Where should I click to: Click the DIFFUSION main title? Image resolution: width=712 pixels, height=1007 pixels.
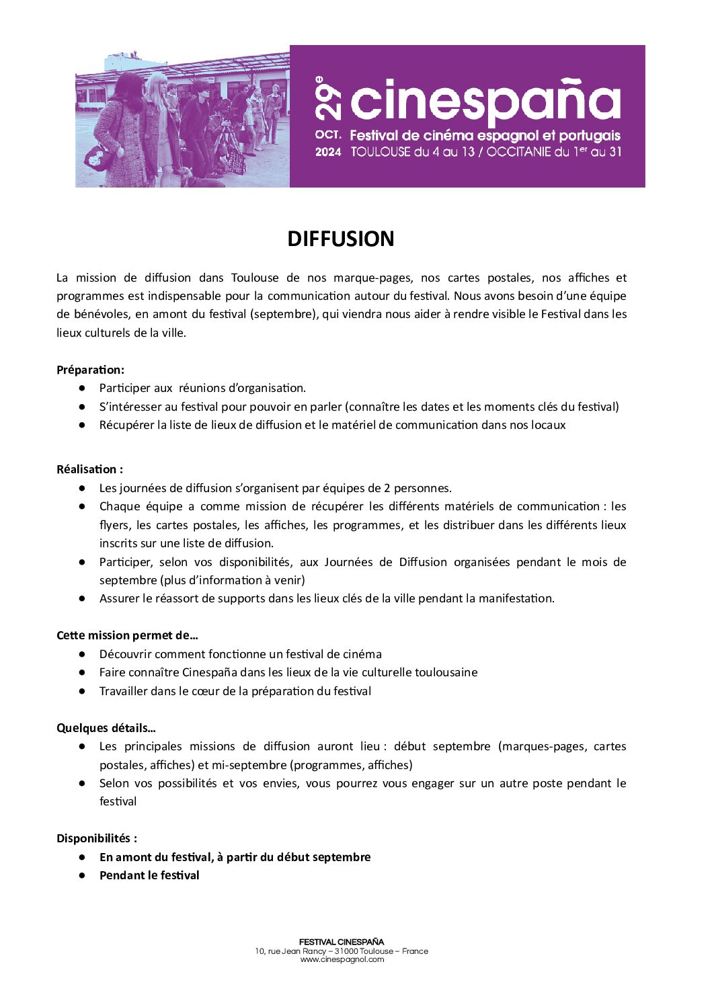pos(341,239)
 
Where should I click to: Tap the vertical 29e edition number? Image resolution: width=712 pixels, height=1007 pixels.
pos(327,98)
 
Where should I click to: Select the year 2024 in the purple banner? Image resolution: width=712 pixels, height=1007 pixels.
pos(328,152)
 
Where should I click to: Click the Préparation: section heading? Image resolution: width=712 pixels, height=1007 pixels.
pos(90,370)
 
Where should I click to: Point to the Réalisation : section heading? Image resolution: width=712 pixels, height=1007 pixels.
pos(89,469)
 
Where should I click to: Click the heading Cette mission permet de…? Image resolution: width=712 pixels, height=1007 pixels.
pos(127,635)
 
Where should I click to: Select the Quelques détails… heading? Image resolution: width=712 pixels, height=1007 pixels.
pos(106,728)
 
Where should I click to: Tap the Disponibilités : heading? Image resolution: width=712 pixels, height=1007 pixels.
pos(96,838)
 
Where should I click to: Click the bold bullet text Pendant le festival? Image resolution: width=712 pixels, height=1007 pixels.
pos(149,875)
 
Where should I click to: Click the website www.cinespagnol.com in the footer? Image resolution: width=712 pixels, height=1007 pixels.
pos(342,959)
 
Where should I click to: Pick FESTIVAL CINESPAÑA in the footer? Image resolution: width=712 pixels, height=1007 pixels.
pos(342,942)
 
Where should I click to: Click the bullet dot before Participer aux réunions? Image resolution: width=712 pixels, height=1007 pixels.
pos(82,388)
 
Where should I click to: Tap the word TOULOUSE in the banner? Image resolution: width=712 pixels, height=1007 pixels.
pos(380,152)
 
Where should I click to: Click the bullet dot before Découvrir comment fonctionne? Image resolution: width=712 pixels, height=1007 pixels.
pos(82,654)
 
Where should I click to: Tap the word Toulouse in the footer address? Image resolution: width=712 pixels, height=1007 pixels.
pos(376,951)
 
